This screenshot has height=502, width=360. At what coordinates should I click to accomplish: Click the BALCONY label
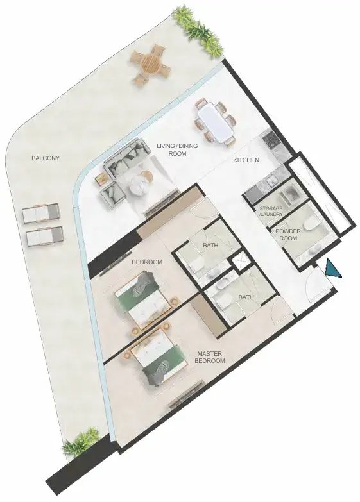point(46,158)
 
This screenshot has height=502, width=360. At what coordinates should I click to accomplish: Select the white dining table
point(215,121)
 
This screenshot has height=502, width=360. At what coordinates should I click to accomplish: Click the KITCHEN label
point(246,160)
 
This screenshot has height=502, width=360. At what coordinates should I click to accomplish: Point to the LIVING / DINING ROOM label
point(177,150)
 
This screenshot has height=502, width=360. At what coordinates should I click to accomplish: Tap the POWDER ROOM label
point(288,235)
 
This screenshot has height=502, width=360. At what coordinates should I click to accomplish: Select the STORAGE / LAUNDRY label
point(271,212)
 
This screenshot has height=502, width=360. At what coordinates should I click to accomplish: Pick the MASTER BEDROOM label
point(210,357)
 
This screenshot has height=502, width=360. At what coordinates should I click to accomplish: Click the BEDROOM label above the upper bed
point(147,262)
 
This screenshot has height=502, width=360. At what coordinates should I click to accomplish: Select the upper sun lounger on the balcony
point(40,213)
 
